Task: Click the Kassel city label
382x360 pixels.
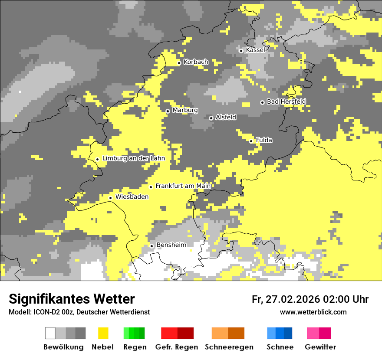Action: tap(255, 50)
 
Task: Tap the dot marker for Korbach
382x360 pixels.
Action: tap(179, 63)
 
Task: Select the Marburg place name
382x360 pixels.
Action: tap(185, 110)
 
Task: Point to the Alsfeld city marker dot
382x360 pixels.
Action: tap(211, 118)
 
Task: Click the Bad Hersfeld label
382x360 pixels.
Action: tap(286, 101)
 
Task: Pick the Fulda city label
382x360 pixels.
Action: tap(264, 140)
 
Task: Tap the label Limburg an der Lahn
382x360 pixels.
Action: tap(133, 158)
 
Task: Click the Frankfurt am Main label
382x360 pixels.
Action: tap(183, 186)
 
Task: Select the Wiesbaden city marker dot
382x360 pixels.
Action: tap(110, 198)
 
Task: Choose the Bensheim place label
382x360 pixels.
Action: tap(171, 245)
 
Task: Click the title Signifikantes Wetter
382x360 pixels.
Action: tap(72, 299)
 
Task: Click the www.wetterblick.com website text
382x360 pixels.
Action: tap(313, 312)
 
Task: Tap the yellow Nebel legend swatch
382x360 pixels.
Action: tap(103, 333)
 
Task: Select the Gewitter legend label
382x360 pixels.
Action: tap(320, 347)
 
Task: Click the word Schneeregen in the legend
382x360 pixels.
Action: tap(229, 347)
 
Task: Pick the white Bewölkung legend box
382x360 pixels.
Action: tap(50, 333)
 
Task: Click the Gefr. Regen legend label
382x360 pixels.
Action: tap(176, 347)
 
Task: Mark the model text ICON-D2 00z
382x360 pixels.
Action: tap(52, 312)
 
